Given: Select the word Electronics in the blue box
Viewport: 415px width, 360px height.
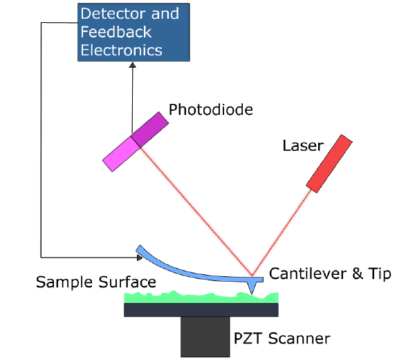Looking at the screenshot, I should tap(122, 50).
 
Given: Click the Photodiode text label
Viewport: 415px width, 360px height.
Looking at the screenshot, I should tap(211, 109).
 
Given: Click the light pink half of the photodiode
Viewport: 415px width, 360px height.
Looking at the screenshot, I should tap(118, 153).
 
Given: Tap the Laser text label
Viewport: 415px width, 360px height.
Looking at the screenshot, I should tap(302, 145).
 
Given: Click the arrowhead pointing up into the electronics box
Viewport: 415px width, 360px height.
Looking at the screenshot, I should tap(132, 63).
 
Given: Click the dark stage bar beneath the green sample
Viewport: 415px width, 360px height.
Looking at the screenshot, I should tap(201, 309).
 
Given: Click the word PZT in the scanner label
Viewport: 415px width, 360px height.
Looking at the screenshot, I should tap(248, 339).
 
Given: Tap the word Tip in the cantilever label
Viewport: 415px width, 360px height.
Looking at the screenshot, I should tap(379, 273).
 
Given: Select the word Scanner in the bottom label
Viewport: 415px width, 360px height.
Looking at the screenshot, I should tap(299, 339).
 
